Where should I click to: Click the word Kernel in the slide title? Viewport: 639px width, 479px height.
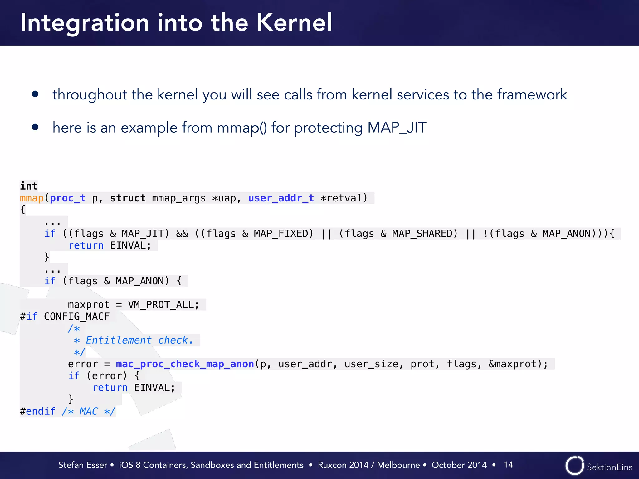pos(294,22)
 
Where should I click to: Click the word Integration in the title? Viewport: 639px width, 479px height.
pos(85,23)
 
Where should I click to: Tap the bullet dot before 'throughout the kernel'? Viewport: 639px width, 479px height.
pos(35,94)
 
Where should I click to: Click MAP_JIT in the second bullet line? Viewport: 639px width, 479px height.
pos(397,128)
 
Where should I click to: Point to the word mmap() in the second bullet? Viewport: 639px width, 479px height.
pos(242,128)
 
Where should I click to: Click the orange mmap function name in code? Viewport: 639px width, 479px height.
pos(32,198)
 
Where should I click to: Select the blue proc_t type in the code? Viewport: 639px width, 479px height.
pos(67,198)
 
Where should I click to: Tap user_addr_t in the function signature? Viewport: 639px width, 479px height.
pos(281,198)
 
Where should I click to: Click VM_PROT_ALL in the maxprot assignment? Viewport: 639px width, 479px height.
pos(163,305)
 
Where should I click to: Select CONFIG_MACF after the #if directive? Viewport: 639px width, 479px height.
pos(77,317)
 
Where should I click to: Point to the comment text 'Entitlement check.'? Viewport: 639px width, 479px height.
pos(139,340)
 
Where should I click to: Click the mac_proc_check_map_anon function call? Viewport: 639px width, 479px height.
pos(185,364)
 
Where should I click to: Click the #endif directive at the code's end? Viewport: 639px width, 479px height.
pos(37,411)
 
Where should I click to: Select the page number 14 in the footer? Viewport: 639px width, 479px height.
pos(508,465)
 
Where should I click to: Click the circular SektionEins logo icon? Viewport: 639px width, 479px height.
pos(574,466)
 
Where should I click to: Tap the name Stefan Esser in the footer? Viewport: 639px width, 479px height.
pos(83,465)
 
